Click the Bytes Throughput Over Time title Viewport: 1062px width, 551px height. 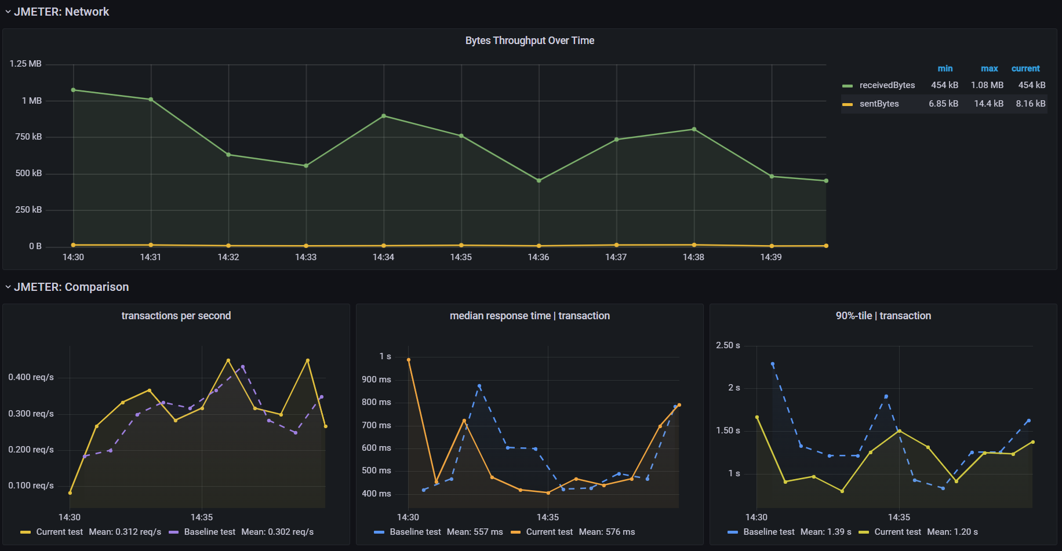pyautogui.click(x=529, y=41)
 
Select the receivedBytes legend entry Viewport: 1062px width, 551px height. pyautogui.click(x=886, y=85)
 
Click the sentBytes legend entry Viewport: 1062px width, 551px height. pyautogui.click(x=879, y=104)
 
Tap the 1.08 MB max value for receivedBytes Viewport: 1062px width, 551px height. pyautogui.click(x=987, y=85)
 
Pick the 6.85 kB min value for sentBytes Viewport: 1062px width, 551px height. pyautogui.click(x=943, y=104)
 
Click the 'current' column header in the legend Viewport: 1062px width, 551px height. pyautogui.click(x=1025, y=68)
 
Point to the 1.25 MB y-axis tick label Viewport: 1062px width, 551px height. pyautogui.click(x=26, y=64)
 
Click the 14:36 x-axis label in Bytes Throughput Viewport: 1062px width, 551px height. pyautogui.click(x=538, y=257)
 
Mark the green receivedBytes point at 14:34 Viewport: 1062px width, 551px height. pyautogui.click(x=384, y=116)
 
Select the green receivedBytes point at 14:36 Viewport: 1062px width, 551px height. pyautogui.click(x=539, y=181)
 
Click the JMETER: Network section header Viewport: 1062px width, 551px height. pyautogui.click(x=61, y=12)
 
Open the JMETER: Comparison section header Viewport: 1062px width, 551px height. pyautogui.click(x=71, y=287)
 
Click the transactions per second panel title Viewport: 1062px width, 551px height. pyautogui.click(x=176, y=316)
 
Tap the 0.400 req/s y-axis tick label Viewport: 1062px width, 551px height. pyautogui.click(x=31, y=377)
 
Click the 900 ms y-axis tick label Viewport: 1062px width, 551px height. pyautogui.click(x=376, y=380)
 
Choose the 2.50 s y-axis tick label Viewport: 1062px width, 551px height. pyautogui.click(x=728, y=345)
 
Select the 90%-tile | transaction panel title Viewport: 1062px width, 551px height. pyautogui.click(x=883, y=316)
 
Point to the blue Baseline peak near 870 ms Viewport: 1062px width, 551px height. pyautogui.click(x=479, y=386)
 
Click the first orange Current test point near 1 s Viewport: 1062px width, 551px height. pyautogui.click(x=409, y=360)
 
